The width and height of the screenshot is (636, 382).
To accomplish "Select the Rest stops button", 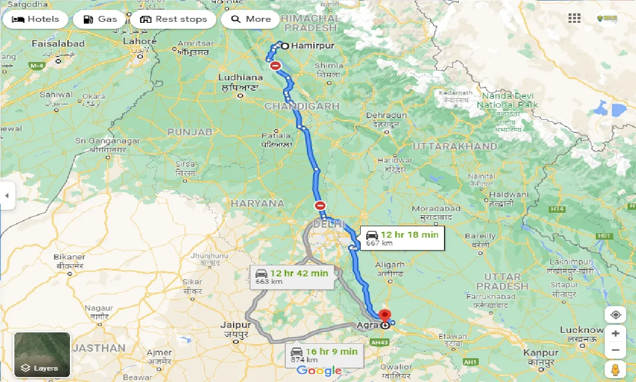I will click(173, 19).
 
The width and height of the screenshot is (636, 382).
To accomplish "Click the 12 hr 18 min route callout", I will click(402, 238).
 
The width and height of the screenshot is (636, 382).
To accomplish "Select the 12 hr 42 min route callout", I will click(292, 277).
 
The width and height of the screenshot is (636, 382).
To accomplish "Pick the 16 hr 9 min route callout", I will click(324, 355).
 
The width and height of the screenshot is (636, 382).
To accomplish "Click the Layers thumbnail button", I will click(42, 355).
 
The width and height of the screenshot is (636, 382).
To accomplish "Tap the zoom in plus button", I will click(615, 333).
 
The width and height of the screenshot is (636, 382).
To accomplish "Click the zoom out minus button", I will click(615, 350).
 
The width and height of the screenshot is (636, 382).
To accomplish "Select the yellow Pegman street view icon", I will click(615, 370).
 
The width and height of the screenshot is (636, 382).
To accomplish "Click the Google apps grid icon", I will click(574, 18).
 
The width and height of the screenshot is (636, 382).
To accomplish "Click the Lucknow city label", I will click(581, 330).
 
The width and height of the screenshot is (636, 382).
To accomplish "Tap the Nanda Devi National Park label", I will click(507, 100).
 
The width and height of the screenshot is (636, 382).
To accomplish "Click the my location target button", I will click(615, 315).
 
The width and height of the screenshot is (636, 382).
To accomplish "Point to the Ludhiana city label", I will click(241, 77).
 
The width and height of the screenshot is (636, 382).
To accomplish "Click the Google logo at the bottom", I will click(319, 371).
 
